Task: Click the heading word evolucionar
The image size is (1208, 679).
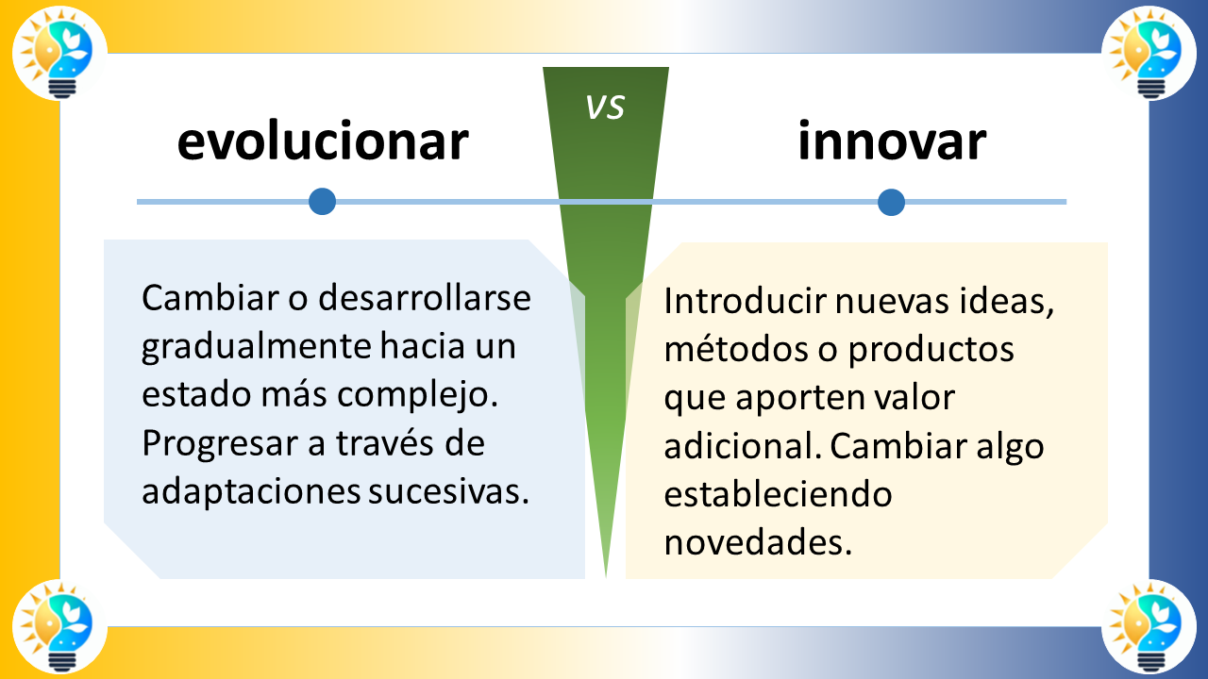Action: [323, 142]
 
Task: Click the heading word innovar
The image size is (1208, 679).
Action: [892, 142]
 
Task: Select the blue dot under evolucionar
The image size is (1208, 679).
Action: [323, 201]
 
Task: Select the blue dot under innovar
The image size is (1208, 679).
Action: [891, 202]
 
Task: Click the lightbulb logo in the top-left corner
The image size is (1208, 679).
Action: [59, 54]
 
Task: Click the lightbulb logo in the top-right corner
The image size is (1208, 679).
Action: [1149, 54]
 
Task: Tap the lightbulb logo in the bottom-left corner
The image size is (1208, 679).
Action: [59, 626]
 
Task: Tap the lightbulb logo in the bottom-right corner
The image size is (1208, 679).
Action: [1149, 626]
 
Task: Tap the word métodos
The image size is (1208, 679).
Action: [723, 350]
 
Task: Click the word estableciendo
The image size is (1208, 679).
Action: [778, 494]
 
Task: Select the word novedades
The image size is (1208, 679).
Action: [757, 543]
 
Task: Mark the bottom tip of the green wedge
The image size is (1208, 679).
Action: [605, 575]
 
